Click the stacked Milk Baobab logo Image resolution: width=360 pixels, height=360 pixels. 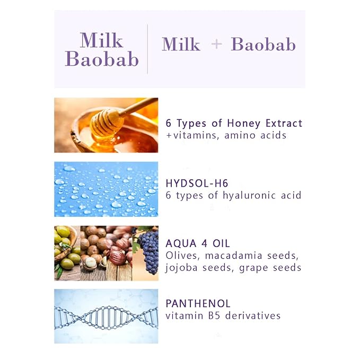[x=102, y=50]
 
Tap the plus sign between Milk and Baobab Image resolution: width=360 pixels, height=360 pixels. [x=216, y=45]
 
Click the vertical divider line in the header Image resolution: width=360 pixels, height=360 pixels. [x=147, y=49]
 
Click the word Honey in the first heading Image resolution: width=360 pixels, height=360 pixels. [x=243, y=124]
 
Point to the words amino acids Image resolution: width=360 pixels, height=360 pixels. [x=256, y=135]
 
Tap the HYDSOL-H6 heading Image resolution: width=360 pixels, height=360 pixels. [x=197, y=183]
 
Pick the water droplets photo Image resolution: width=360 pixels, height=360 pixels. [x=106, y=189]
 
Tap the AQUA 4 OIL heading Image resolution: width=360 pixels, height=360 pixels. [x=198, y=243]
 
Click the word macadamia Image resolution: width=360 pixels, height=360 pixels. [x=233, y=256]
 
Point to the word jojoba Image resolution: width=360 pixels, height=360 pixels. [x=181, y=268]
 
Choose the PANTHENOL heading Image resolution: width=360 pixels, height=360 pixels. [x=198, y=303]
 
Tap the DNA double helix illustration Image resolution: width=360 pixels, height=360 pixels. [x=106, y=317]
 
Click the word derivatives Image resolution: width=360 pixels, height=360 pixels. [x=253, y=315]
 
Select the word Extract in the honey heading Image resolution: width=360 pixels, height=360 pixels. [x=284, y=124]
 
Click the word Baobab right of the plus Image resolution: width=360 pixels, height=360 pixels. [x=263, y=45]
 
